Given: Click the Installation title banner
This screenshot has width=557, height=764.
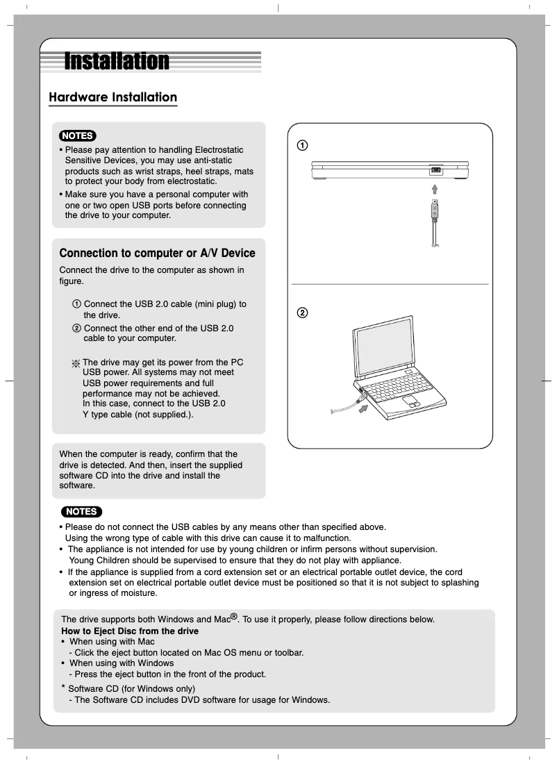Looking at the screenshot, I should [x=117, y=62].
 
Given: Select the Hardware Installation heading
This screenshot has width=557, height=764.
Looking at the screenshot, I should [x=113, y=97].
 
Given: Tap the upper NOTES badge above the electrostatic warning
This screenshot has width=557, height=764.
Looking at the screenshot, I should [x=78, y=135].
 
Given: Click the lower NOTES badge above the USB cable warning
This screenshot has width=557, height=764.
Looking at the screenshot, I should [x=81, y=512].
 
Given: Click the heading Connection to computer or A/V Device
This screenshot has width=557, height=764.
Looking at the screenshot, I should [x=157, y=254].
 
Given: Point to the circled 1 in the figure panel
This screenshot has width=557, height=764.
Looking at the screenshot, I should [x=303, y=145].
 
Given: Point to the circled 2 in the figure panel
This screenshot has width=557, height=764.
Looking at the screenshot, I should [x=303, y=313].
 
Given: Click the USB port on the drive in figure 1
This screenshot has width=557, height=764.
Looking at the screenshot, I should [x=435, y=171].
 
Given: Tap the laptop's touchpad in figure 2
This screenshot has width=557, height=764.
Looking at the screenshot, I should [x=411, y=403].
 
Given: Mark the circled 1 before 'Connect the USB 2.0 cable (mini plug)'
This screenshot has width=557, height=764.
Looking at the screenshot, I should [x=76, y=304].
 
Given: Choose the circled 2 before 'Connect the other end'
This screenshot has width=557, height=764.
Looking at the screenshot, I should [x=76, y=328].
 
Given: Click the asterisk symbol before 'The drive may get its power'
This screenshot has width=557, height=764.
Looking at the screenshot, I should [x=76, y=363].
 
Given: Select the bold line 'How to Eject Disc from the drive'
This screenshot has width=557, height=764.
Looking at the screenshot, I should [x=130, y=631].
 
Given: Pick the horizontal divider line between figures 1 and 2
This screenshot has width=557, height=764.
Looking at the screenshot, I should [x=390, y=284].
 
